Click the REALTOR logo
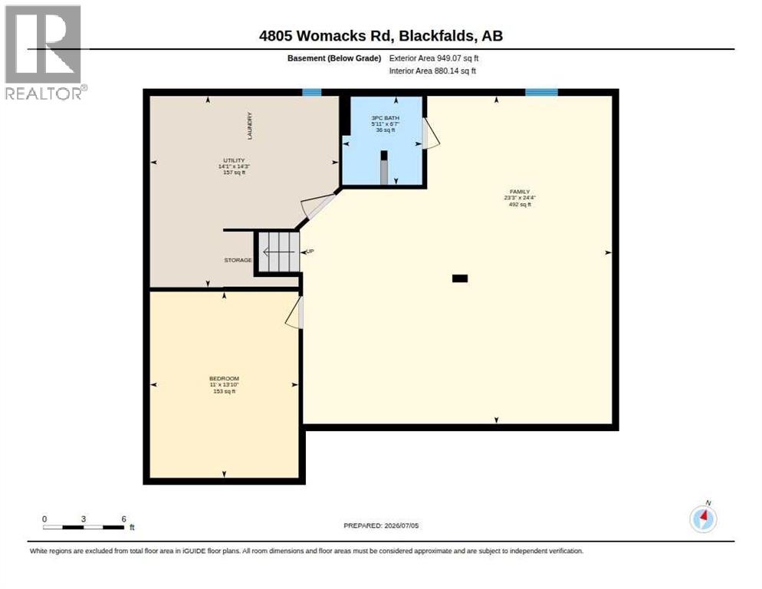44,52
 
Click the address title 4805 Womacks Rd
325,35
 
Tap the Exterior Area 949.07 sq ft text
433,58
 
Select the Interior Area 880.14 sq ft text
432,71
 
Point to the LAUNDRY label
250,126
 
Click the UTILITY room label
235,160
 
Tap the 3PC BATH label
386,118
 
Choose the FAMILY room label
520,192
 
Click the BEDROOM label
224,378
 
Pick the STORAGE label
238,260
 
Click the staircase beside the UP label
278,252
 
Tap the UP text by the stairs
310,252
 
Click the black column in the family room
460,278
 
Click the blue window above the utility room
311,92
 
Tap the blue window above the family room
541,92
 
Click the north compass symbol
703,518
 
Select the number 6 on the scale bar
124,519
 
